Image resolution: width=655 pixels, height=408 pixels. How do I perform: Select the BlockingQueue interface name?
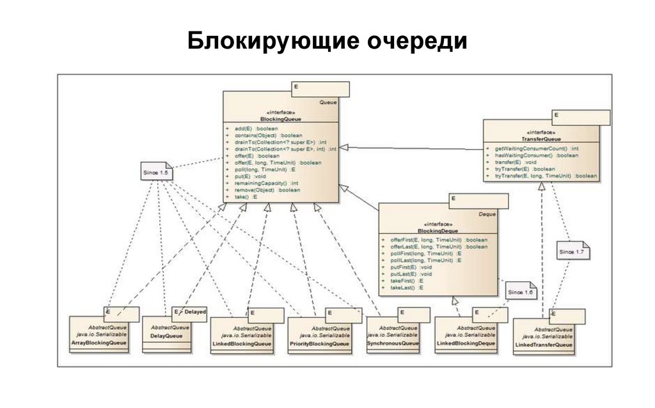click(281, 119)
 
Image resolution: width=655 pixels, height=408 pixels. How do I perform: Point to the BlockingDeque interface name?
click(438, 231)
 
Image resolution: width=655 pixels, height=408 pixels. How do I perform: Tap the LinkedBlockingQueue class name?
click(242, 343)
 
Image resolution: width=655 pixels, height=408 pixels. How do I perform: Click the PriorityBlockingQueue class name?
click(319, 343)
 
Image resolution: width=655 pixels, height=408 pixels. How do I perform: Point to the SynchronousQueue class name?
click(393, 343)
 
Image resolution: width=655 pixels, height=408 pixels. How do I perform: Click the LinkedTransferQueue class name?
click(544, 345)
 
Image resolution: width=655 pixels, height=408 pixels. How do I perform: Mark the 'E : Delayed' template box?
click(189, 312)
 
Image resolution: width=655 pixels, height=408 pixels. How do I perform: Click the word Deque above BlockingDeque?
click(487, 217)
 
